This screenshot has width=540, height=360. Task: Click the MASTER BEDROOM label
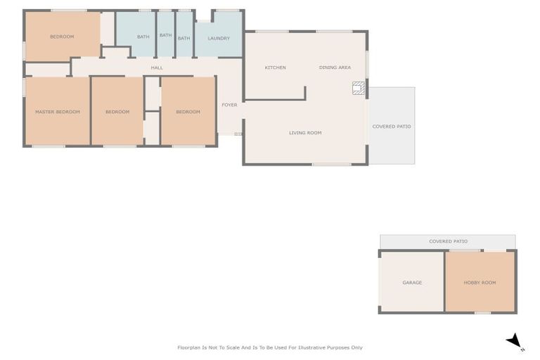[x=58, y=112]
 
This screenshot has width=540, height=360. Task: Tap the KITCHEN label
[x=275, y=67]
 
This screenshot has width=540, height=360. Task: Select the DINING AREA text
[x=335, y=67]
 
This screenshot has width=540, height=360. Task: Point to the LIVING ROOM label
[x=305, y=133]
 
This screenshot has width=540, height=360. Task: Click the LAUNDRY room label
[x=219, y=38]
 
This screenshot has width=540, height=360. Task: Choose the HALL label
[x=157, y=67]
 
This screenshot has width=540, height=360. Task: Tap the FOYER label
[x=229, y=105]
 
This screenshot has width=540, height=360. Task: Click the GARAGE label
[x=412, y=283]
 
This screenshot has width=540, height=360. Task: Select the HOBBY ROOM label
[x=480, y=283]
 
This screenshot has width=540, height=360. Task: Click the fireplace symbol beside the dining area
[x=359, y=88]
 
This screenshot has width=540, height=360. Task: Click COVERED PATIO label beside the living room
[x=392, y=127]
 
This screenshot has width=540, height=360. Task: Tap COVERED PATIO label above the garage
[x=448, y=241]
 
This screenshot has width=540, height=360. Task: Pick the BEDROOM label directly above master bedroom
[x=62, y=37]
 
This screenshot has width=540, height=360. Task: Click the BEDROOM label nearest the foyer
[x=188, y=112]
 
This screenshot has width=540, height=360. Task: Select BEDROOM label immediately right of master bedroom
[x=117, y=112]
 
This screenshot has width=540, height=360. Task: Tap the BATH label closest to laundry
[x=184, y=38]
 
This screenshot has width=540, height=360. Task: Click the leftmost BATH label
[x=143, y=37]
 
